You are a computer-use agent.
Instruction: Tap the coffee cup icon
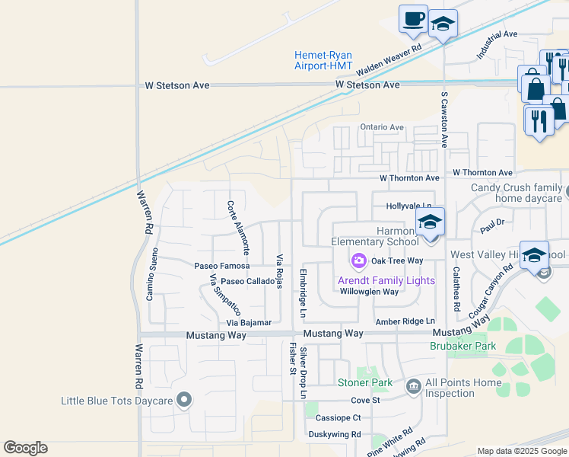click(x=413, y=19)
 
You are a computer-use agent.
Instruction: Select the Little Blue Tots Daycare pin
click(x=183, y=400)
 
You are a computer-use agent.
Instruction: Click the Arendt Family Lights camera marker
click(x=358, y=261)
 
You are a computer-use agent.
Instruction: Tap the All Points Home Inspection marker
click(x=413, y=387)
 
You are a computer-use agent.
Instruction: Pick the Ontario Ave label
click(x=382, y=127)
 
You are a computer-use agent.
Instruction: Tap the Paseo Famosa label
click(x=221, y=266)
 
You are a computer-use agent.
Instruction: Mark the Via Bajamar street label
click(x=249, y=323)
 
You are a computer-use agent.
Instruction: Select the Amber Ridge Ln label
click(x=404, y=322)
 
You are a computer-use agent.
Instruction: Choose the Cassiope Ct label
click(x=338, y=417)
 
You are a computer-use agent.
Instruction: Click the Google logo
click(x=25, y=448)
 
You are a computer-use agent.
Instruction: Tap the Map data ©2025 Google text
click(x=522, y=451)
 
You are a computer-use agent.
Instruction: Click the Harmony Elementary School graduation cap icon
click(x=430, y=222)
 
